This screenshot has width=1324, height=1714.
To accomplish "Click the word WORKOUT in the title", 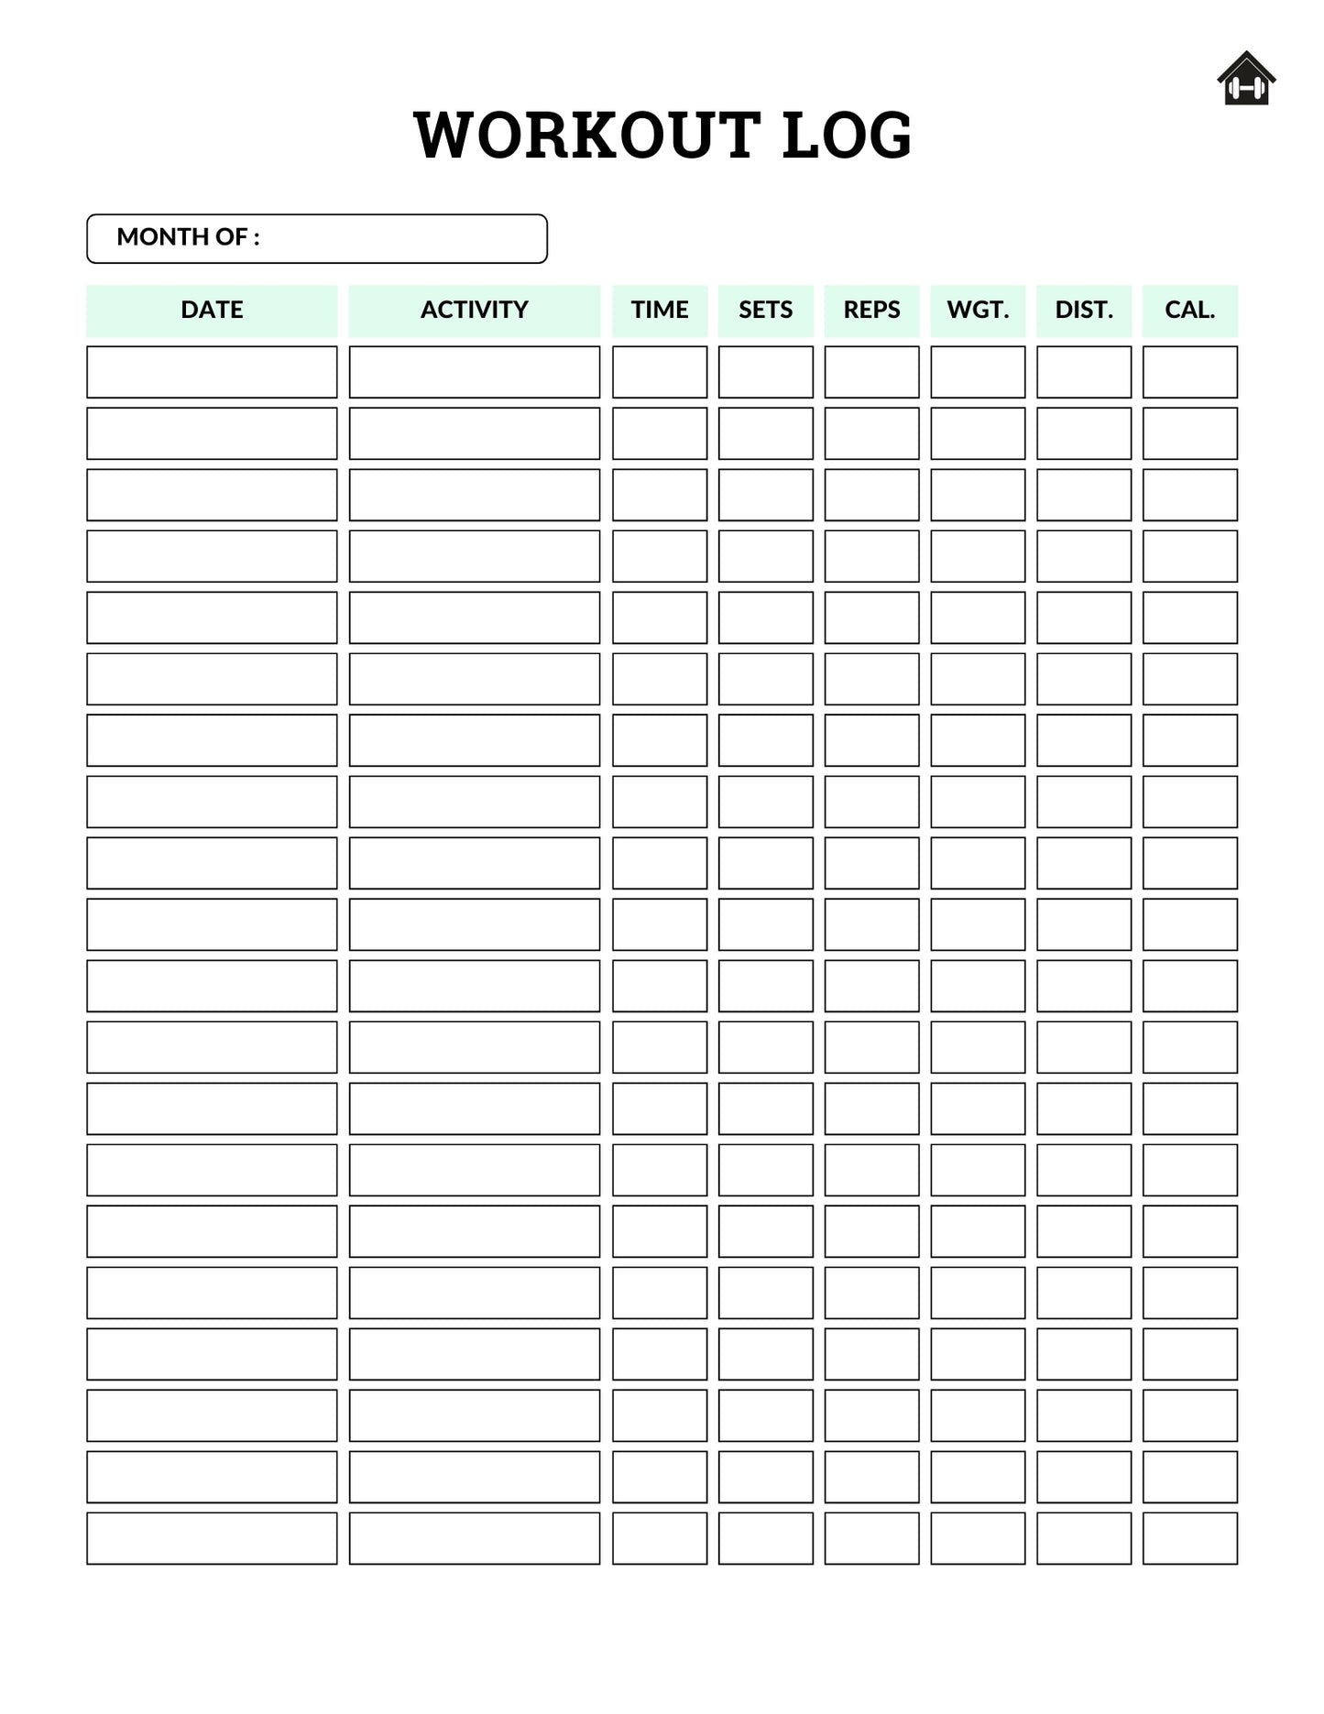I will coord(586,135).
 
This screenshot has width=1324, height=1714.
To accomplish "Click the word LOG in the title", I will coord(847,135).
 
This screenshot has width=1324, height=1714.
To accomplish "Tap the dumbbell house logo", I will coord(1246,79).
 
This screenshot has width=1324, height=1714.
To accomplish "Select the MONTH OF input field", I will coord(403,238).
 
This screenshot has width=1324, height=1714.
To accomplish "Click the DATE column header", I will coord(212,310).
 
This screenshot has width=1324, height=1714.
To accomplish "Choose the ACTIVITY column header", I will coord(474,310).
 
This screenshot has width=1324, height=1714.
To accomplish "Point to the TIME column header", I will coord(660,310).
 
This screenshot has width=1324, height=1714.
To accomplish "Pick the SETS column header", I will coord(765,310).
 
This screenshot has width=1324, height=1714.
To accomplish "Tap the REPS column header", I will coord(871,310).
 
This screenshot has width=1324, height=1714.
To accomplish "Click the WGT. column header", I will coord(978,310).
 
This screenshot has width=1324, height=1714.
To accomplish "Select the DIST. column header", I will coord(1084,310).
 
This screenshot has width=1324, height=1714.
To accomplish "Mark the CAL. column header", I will coord(1189,310).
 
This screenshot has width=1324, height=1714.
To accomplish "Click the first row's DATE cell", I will coord(212,372).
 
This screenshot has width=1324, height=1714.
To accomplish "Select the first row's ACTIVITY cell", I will coord(474,372).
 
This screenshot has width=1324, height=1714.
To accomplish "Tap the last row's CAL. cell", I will coord(1189,1538).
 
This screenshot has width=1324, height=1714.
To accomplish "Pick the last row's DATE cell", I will coord(212,1538).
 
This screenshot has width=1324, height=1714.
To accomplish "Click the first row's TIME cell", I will coord(660,372).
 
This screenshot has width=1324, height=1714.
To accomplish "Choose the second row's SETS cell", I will coord(765,433).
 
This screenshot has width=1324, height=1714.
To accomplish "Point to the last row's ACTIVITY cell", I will coord(474,1538).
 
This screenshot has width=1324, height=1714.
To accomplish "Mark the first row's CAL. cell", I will coord(1189,372).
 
